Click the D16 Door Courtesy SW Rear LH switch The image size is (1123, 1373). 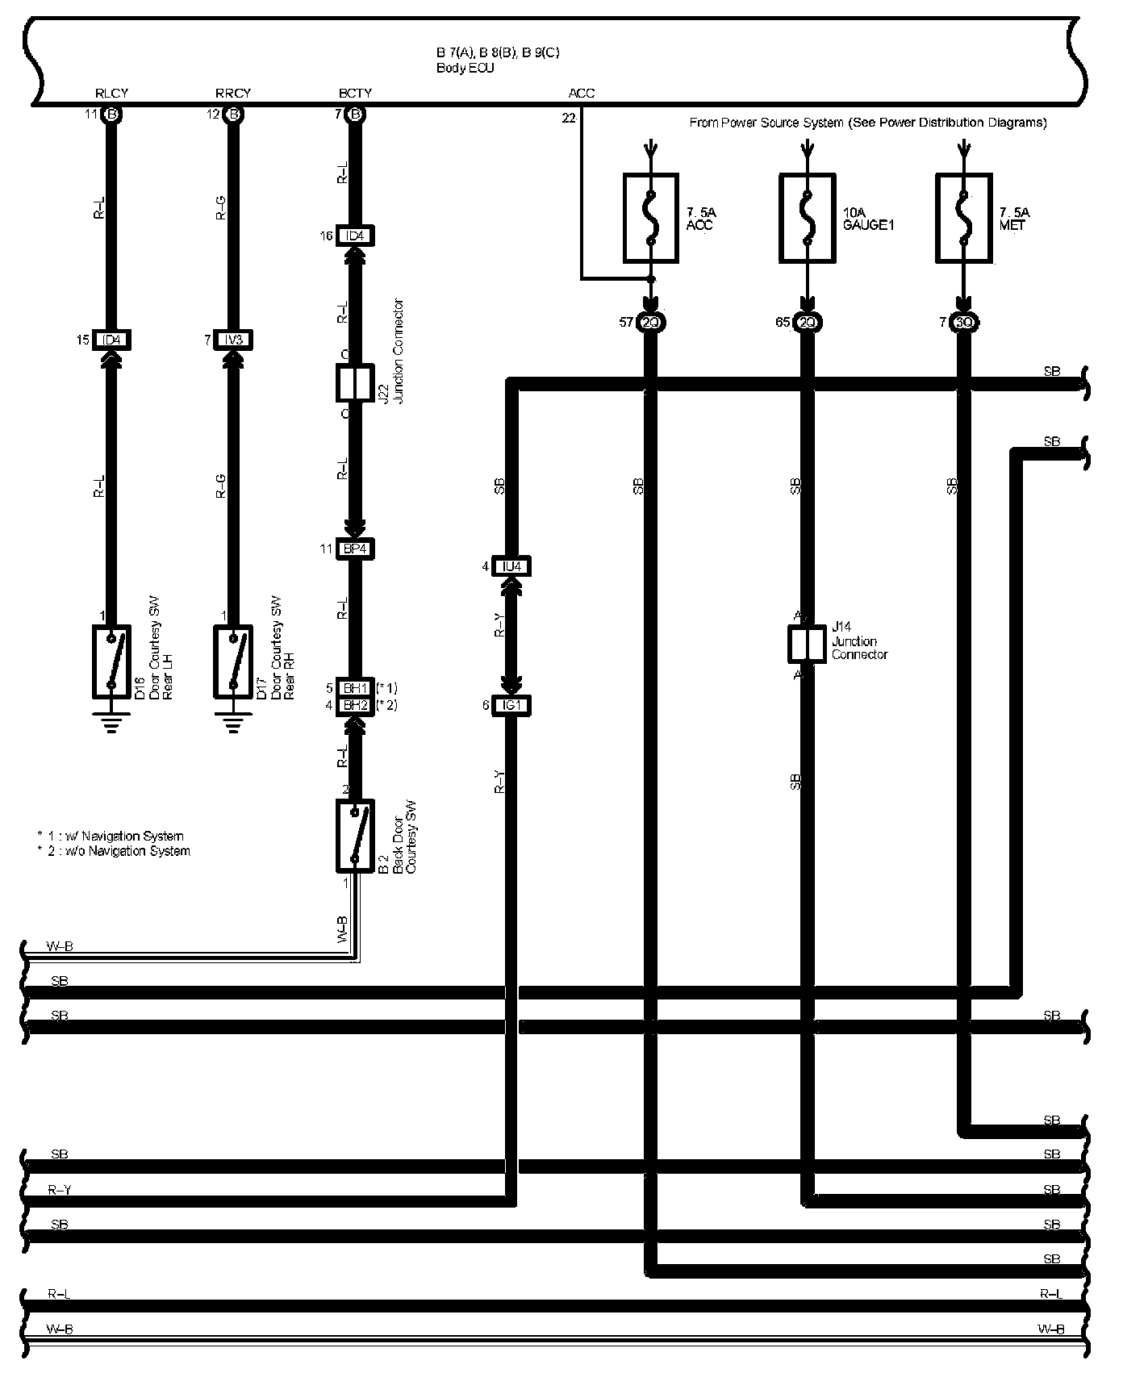[x=111, y=661]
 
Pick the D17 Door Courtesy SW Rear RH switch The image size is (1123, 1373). [x=232, y=661]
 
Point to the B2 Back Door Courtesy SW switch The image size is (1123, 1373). [x=355, y=836]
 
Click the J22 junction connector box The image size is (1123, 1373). [x=354, y=382]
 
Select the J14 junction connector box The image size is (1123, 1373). [x=806, y=644]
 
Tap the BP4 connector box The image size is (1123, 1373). [x=355, y=549]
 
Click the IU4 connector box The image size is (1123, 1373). [x=511, y=566]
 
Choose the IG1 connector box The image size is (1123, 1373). [x=511, y=706]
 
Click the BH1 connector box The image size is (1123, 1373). [x=355, y=688]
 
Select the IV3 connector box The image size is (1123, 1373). [x=232, y=340]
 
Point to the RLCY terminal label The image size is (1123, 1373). [x=111, y=93]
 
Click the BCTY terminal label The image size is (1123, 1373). [x=355, y=93]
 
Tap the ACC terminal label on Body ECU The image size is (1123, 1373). [x=581, y=93]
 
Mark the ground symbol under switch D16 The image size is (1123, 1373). [x=111, y=723]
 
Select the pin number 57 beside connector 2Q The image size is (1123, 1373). [x=626, y=323]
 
